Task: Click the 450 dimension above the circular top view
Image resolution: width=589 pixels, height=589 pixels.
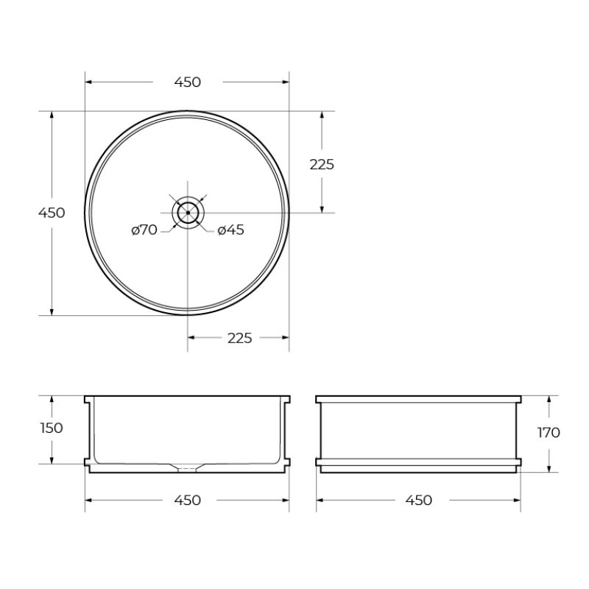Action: (x=187, y=82)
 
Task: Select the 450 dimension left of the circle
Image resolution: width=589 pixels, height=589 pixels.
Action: (x=52, y=213)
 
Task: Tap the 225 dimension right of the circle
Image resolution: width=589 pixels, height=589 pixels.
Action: (x=322, y=164)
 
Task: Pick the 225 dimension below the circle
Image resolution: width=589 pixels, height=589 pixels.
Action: (x=239, y=338)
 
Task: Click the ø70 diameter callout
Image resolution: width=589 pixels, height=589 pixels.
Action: (x=144, y=230)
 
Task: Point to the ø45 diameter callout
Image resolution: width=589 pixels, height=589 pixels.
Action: (x=231, y=230)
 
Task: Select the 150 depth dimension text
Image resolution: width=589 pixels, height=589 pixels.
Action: (x=52, y=428)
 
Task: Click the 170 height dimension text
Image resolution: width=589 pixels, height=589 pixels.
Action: (x=549, y=432)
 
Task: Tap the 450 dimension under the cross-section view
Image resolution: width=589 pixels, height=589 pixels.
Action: (x=187, y=501)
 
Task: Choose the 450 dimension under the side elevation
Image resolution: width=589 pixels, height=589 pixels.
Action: (x=418, y=501)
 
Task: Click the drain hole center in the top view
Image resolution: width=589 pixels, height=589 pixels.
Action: (x=188, y=212)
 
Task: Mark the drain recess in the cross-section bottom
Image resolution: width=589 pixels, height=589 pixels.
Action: (x=188, y=467)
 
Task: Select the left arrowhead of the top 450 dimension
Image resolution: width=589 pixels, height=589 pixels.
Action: (x=89, y=82)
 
